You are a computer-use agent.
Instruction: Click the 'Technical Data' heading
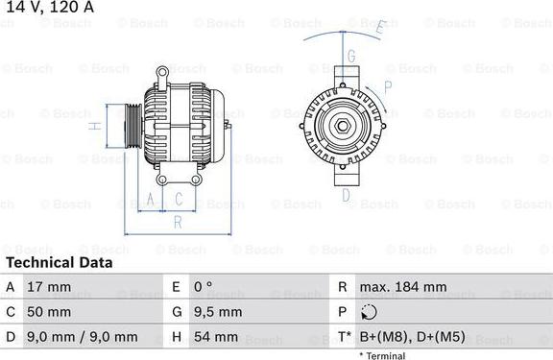tap(60, 262)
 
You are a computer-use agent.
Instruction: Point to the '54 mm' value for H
tap(216, 337)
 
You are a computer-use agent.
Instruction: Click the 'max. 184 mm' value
tap(403, 287)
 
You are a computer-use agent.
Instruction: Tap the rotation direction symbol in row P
tap(372, 312)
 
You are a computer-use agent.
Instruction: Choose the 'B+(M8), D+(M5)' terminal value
tap(412, 337)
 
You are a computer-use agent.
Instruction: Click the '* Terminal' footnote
tap(383, 355)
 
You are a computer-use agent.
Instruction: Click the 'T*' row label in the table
tap(343, 337)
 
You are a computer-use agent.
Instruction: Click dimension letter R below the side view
tap(177, 222)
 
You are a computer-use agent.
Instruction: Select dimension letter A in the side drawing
tap(149, 200)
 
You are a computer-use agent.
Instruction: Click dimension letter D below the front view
tap(345, 195)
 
